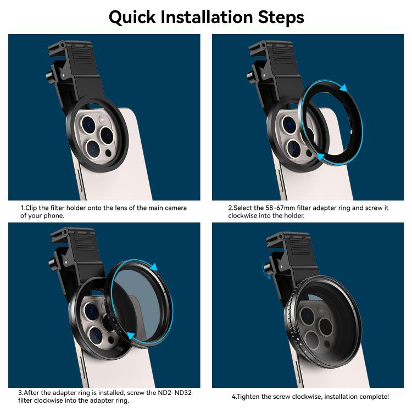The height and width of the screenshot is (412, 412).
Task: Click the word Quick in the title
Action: [132, 18]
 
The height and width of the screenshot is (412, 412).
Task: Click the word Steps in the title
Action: [281, 18]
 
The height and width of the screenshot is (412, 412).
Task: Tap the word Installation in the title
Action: [206, 17]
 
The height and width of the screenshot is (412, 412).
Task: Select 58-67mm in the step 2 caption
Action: [280, 208]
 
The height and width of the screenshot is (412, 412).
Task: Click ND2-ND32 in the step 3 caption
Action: [175, 393]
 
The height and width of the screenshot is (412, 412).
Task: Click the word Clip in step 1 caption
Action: [31, 208]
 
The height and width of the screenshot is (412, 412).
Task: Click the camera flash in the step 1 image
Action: [102, 120]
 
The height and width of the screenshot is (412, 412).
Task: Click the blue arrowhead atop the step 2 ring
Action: [343, 88]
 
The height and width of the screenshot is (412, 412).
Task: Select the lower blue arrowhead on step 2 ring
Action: [320, 157]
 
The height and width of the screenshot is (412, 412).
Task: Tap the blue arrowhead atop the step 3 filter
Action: [153, 266]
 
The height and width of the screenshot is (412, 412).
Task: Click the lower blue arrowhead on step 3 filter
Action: [131, 336]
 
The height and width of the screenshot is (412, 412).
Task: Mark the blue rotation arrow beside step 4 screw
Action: [265, 270]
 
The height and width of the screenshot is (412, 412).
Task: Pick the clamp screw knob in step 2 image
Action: [251, 76]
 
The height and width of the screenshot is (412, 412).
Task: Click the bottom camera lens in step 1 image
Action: [93, 149]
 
